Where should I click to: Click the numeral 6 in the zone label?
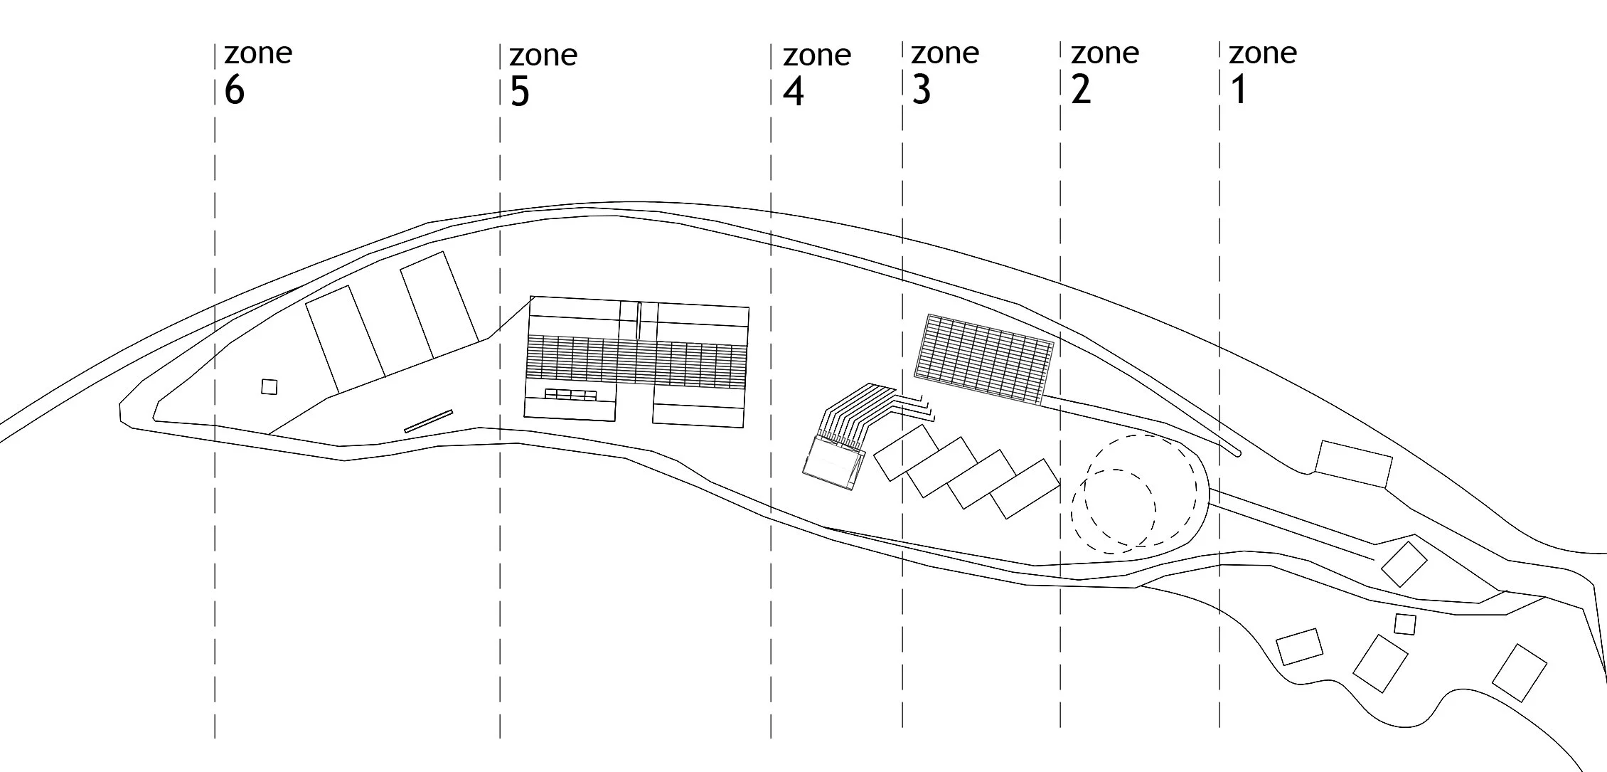[234, 91]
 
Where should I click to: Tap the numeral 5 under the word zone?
[520, 92]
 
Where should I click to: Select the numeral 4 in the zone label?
[793, 92]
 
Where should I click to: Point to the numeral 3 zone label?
[921, 90]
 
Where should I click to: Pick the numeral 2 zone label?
[1081, 90]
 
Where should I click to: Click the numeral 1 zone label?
[1239, 90]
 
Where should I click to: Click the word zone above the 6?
[258, 53]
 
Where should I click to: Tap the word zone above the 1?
[1263, 53]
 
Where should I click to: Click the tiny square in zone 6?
[269, 386]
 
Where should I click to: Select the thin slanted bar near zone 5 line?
[429, 421]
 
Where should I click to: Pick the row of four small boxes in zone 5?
[570, 394]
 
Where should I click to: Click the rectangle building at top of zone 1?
[1353, 464]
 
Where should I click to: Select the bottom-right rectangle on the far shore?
[1519, 672]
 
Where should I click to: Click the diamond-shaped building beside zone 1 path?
[1404, 564]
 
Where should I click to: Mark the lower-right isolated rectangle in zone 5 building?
[698, 415]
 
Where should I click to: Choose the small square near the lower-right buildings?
[1404, 624]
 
